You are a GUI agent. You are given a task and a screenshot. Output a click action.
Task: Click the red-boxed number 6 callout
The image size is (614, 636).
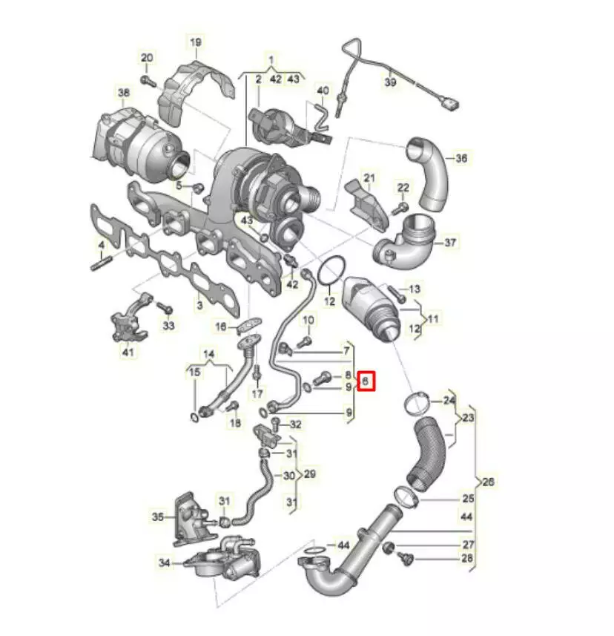[x=366, y=381]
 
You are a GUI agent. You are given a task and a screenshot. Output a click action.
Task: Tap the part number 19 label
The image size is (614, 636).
[x=196, y=42]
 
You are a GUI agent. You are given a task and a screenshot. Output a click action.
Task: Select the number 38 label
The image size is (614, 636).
[x=124, y=93]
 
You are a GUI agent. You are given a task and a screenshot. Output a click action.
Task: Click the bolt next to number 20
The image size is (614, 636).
[x=148, y=80]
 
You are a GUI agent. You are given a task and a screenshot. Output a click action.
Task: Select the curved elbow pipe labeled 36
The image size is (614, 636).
[x=428, y=174]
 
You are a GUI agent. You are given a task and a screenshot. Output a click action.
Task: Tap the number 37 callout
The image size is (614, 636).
[x=450, y=243]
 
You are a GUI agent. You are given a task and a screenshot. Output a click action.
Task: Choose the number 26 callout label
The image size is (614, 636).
[x=489, y=482]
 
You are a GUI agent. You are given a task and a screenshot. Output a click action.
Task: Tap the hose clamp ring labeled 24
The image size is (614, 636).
[x=417, y=404]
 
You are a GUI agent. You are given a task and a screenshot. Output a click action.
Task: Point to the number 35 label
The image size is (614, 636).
[x=158, y=517]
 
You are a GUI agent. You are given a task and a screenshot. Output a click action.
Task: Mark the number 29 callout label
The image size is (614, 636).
[x=310, y=473]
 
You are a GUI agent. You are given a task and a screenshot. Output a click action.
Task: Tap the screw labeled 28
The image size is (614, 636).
[x=404, y=559]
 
